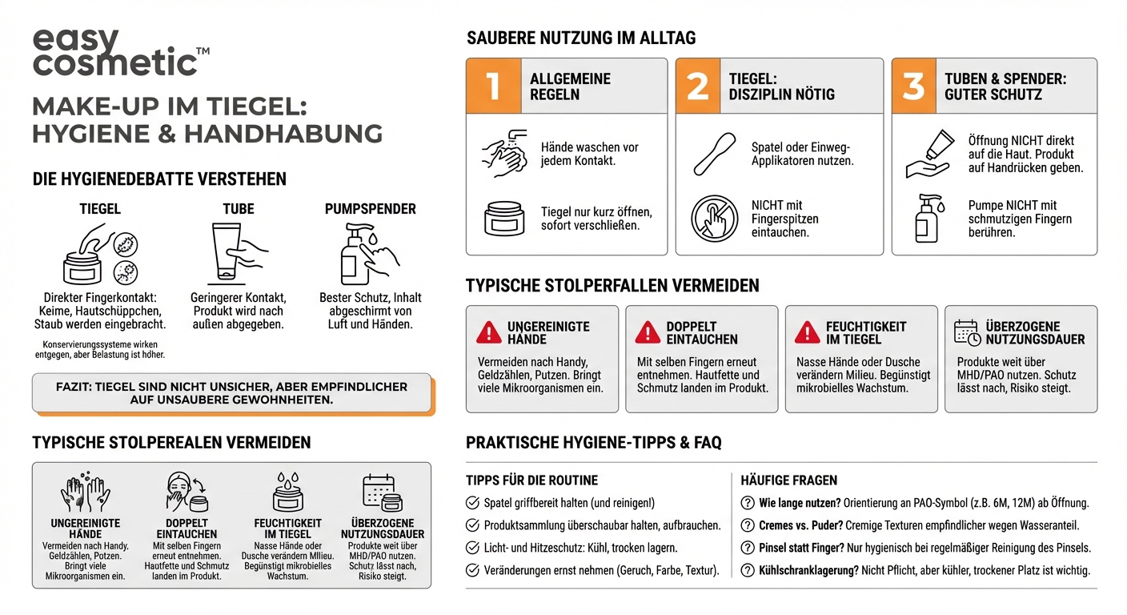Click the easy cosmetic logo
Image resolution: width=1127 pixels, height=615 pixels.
[x=120, y=54]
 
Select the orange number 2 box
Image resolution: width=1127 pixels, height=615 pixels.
[x=698, y=86]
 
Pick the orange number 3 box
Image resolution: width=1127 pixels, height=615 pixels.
[x=914, y=86]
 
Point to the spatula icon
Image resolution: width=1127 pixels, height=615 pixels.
[x=715, y=153]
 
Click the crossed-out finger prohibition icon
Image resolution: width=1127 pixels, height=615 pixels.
[x=714, y=218]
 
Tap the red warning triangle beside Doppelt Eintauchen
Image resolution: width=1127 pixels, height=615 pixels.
[x=648, y=332]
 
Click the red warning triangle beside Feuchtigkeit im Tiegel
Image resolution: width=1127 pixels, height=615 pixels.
[x=807, y=332]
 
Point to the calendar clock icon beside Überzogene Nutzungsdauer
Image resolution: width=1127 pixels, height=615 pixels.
[x=967, y=332]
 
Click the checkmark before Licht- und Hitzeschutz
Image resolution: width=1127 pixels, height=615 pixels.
[x=473, y=548]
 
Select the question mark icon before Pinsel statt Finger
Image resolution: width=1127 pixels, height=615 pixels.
[x=747, y=548]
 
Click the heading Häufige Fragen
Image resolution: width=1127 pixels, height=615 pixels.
[x=789, y=480]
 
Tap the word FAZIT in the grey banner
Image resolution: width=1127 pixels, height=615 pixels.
[x=73, y=387]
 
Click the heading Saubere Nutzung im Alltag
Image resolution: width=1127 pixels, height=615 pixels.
[x=581, y=38]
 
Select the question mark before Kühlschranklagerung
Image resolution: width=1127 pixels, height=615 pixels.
[x=747, y=570]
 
